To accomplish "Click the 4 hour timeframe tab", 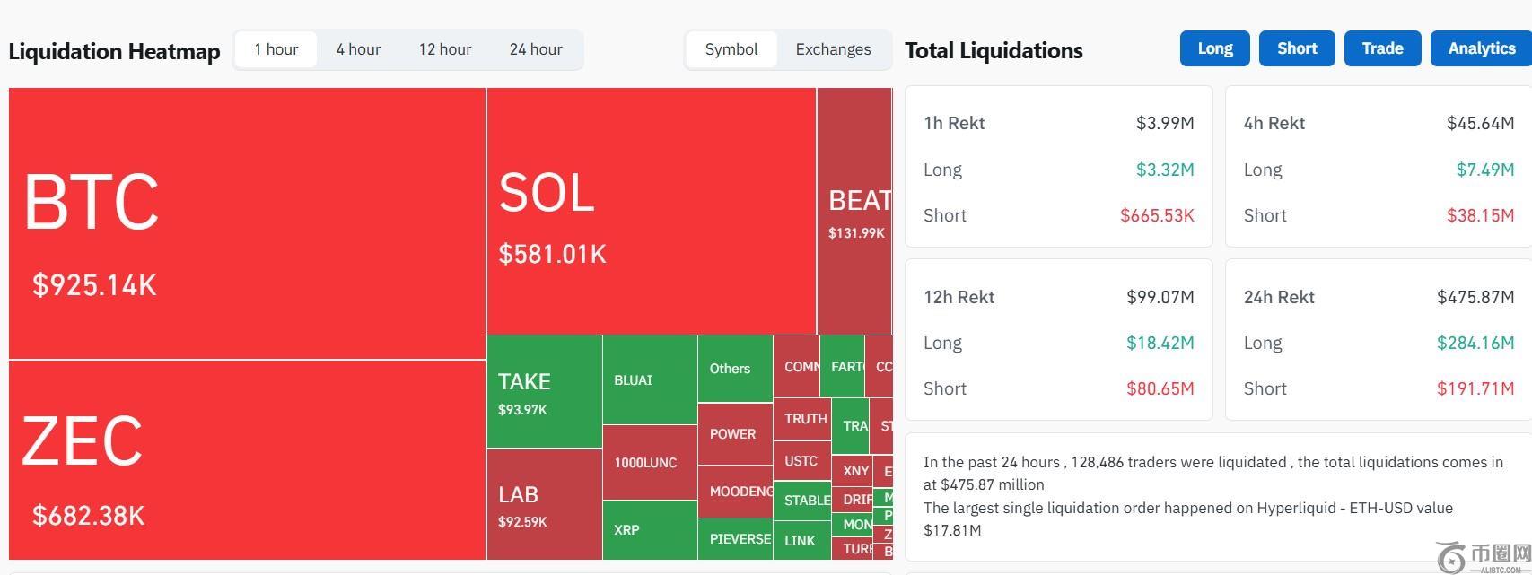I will point(358,49).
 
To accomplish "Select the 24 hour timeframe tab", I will point(536,49).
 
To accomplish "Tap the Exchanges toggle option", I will point(833,49).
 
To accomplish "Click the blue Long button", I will point(1214,48).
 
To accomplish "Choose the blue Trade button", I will point(1382,48).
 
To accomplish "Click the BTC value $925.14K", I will point(94,285).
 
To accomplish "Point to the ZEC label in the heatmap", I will point(82,440).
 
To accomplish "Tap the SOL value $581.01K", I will point(553,254).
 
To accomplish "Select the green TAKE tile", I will point(544,391).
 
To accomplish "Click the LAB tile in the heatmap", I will point(544,504).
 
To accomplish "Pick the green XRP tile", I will point(650,529).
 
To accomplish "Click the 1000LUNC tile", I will point(650,463).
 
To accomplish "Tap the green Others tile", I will point(734,369).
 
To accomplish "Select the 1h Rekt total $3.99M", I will point(1165,123).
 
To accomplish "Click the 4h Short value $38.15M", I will point(1480,215).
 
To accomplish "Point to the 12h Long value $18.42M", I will point(1160,343).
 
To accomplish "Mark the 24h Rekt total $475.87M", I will point(1475,297).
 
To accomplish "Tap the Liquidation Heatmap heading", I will point(114,51).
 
